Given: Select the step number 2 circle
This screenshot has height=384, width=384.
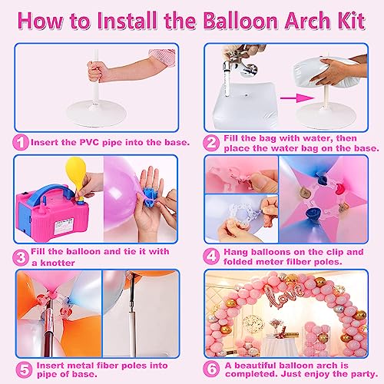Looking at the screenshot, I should coord(210,142).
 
